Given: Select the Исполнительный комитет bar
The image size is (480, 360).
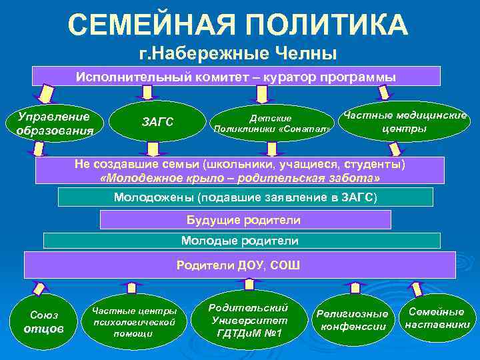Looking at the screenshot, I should click(x=235, y=76).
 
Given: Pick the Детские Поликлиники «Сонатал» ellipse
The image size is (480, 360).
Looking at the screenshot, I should click(x=271, y=123).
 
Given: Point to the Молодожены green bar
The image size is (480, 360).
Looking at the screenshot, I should click(x=245, y=197).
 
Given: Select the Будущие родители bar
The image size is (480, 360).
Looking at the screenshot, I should click(x=243, y=220).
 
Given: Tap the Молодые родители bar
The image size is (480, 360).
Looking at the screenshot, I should click(x=241, y=241).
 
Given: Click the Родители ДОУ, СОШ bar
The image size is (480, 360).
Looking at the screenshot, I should click(x=239, y=265).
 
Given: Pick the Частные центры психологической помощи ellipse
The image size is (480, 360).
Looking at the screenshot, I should click(x=134, y=322).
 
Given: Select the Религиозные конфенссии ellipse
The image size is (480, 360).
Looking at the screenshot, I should click(x=353, y=320).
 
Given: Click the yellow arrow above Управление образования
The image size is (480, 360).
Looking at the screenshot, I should click(x=45, y=93).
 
